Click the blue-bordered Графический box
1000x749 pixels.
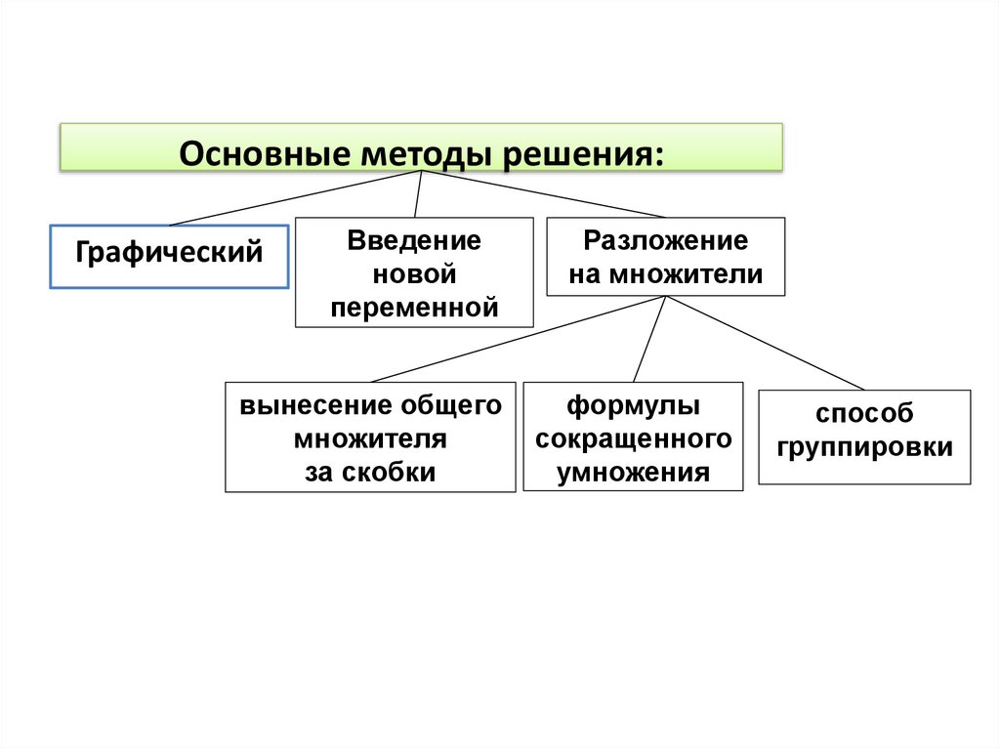[169, 257]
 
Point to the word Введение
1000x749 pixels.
[414, 241]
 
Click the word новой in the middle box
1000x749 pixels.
[414, 274]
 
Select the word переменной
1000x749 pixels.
[414, 308]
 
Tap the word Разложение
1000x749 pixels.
[666, 241]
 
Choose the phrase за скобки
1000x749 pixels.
[370, 473]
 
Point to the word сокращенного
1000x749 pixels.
[633, 439]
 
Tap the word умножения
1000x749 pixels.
[633, 474]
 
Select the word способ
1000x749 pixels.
[864, 414]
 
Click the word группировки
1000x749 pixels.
[864, 448]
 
